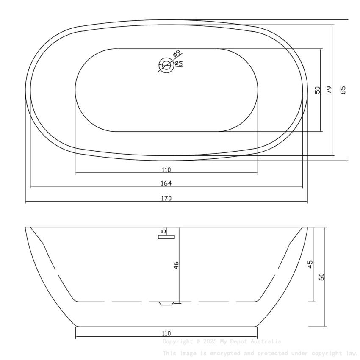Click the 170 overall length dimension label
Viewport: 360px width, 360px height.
click(x=166, y=198)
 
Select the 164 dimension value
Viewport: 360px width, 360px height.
click(x=166, y=183)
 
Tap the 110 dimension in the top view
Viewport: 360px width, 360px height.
click(x=166, y=170)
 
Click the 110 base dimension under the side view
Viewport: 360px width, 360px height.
click(x=166, y=333)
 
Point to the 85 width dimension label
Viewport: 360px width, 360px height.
click(x=343, y=90)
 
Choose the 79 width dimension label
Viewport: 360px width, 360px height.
click(x=329, y=90)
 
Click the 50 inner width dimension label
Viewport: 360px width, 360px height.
click(x=317, y=90)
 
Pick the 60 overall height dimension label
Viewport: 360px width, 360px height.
click(x=321, y=277)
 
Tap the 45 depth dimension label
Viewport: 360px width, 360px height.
click(x=310, y=264)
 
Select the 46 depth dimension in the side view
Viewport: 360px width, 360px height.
click(x=176, y=265)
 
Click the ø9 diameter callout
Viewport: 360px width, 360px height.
click(x=177, y=54)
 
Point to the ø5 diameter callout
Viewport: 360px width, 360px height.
click(x=178, y=64)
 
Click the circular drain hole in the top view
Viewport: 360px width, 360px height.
click(x=166, y=65)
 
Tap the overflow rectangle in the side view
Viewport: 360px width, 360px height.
click(x=166, y=237)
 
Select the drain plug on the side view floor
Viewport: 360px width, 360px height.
click(x=166, y=303)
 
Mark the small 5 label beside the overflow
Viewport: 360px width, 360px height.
click(x=163, y=232)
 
